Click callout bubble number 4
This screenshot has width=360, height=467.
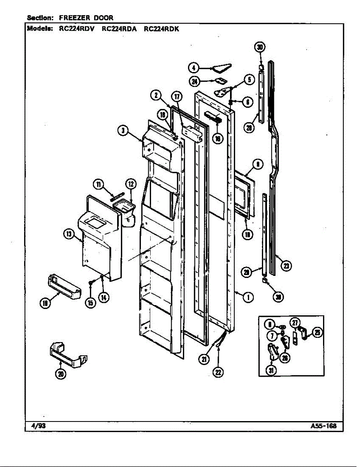click(x=193, y=68)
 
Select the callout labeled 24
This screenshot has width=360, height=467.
click(x=195, y=81)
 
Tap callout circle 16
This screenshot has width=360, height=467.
click(x=219, y=138)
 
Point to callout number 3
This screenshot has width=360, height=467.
click(x=123, y=132)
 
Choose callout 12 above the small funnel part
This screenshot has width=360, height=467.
click(x=131, y=184)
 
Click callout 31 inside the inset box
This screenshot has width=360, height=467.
click(x=271, y=370)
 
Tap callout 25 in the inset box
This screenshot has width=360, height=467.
click(x=318, y=332)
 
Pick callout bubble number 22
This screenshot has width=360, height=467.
click(x=218, y=372)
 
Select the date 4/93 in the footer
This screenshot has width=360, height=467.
click(x=38, y=425)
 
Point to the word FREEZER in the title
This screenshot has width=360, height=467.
click(x=76, y=18)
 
